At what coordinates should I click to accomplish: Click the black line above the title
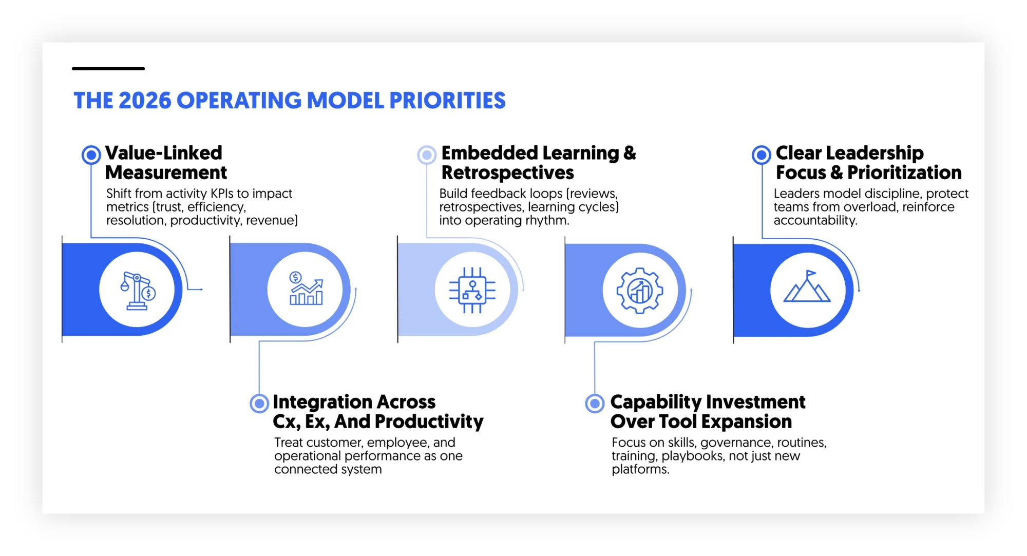click(108, 68)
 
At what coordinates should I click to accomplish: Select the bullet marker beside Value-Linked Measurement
click(91, 155)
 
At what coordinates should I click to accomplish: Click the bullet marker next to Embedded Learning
click(427, 155)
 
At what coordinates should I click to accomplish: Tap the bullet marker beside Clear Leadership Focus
click(761, 155)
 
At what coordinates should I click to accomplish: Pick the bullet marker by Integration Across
click(259, 404)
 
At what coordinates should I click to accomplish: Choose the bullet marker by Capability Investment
click(595, 404)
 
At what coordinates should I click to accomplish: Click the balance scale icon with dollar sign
click(138, 291)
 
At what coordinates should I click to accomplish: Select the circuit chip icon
click(472, 290)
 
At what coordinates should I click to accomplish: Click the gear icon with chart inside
click(640, 291)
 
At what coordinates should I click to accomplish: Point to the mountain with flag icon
click(807, 287)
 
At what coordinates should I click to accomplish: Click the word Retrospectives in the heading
click(507, 173)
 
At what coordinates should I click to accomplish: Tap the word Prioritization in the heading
click(904, 173)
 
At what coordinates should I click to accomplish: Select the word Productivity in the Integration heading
click(436, 422)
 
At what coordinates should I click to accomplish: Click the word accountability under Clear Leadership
click(815, 220)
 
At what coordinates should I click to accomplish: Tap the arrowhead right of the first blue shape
click(201, 290)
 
